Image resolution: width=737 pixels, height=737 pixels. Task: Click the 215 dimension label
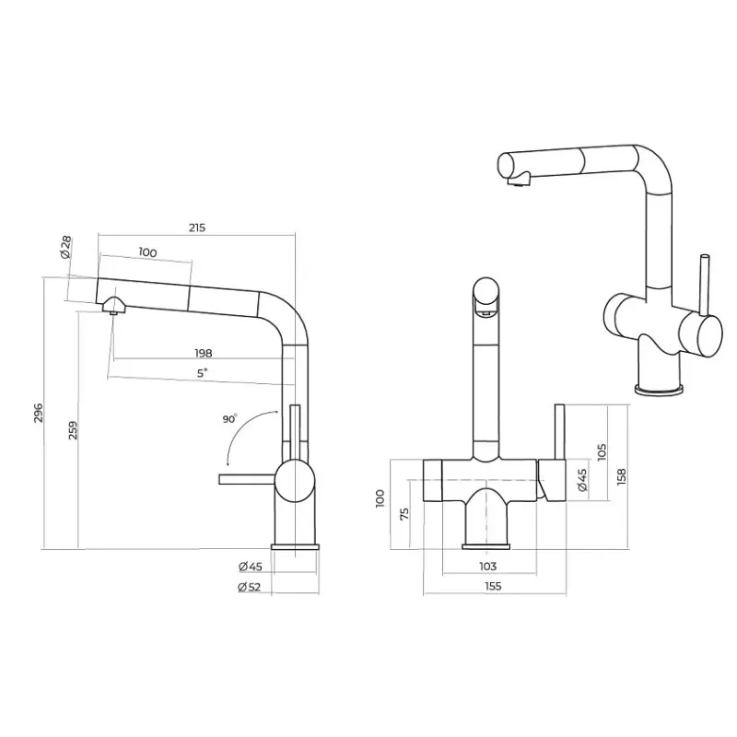click(197, 228)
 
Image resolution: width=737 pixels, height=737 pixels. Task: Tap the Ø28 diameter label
click(65, 247)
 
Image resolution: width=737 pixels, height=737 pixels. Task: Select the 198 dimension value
click(204, 353)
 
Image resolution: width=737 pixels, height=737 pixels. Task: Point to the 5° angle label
click(202, 373)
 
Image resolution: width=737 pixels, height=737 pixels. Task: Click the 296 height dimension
click(39, 413)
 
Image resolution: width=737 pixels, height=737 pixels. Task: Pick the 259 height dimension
click(73, 430)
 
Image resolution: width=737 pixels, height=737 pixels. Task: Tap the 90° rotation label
click(229, 418)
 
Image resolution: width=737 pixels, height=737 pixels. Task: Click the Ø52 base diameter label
click(250, 587)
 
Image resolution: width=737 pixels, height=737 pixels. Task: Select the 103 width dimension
click(488, 566)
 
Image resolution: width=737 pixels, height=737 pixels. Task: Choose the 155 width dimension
click(493, 586)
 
